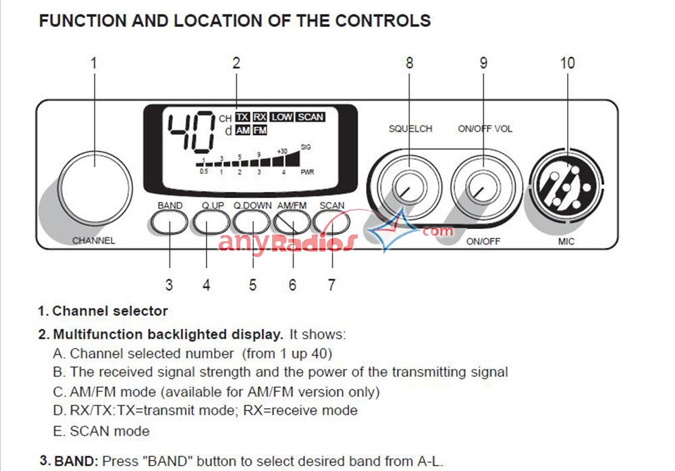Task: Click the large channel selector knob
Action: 94,180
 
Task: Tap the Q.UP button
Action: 212,221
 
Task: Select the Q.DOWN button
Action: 252,221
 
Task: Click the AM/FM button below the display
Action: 292,221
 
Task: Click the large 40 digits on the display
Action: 191,132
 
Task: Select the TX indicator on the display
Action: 242,117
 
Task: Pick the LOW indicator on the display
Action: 282,117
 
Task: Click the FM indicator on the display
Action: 260,130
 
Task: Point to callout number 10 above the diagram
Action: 567,63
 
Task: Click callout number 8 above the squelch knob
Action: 410,63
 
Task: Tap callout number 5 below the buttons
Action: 252,285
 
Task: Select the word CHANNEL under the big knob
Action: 94,241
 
